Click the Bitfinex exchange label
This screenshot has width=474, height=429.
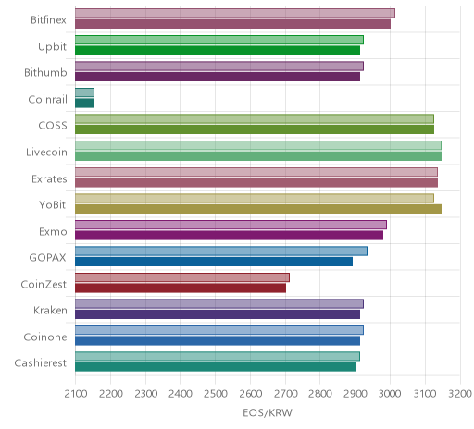[x=48, y=20]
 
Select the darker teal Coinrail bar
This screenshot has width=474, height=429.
[x=84, y=104]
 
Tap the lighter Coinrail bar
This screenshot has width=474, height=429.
[x=84, y=92]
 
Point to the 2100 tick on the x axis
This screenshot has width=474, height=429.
[x=76, y=394]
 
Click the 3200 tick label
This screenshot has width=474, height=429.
[x=460, y=394]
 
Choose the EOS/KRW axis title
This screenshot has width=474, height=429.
[x=268, y=413]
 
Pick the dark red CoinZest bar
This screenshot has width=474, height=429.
[x=181, y=288]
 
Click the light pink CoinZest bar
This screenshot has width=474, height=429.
[x=182, y=277]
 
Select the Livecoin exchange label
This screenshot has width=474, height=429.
[x=46, y=153]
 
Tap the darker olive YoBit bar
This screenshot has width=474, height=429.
[x=258, y=209]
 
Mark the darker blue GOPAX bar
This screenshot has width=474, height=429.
[x=214, y=262]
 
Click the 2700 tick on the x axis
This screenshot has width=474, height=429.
[x=285, y=394]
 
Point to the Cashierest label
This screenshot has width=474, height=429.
[x=41, y=363]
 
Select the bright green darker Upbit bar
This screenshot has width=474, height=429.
[x=218, y=51]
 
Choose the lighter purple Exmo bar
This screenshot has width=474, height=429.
[x=231, y=225]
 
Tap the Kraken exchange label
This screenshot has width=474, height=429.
[x=50, y=311]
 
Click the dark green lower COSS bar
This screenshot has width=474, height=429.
[x=255, y=129]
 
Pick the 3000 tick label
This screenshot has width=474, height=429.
[x=390, y=394]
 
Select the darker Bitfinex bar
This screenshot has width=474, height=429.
[x=232, y=24]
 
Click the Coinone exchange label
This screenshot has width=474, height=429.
[x=45, y=337]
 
